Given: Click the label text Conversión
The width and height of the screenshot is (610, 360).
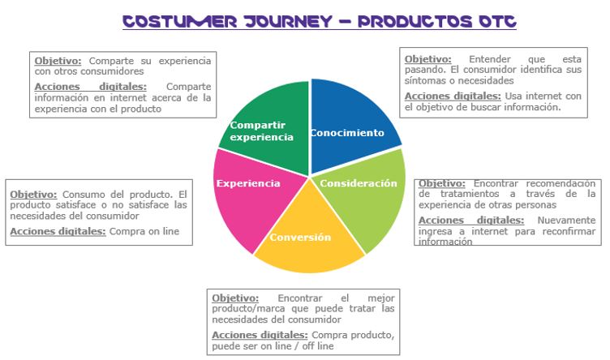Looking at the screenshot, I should coord(300,238).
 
